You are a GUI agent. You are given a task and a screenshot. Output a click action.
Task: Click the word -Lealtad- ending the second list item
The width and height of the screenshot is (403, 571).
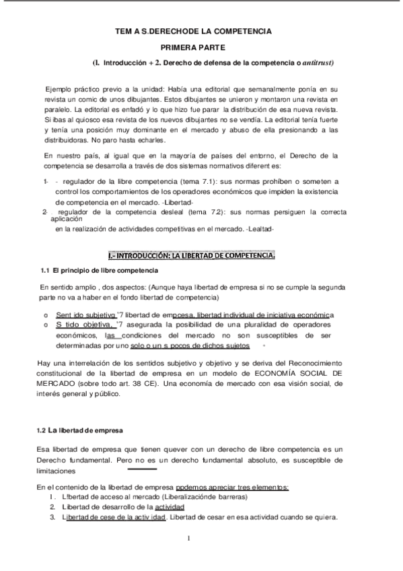click(257, 229)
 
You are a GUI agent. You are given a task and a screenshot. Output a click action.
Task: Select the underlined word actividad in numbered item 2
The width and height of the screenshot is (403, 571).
click(170, 506)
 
